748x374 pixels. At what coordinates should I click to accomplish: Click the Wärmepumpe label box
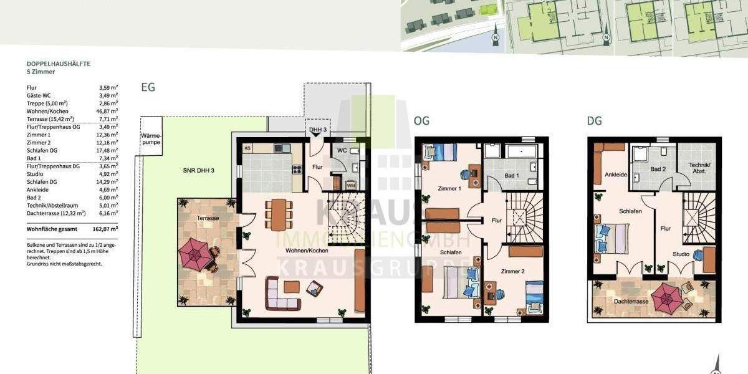[x=151, y=138]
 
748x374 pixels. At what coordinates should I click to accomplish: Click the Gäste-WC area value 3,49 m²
[x=108, y=95]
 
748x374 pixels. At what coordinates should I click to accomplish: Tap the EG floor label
[x=148, y=88]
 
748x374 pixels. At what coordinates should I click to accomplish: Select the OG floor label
[x=421, y=121]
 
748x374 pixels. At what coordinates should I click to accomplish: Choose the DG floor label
[x=595, y=121]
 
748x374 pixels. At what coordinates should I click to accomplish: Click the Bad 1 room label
[x=512, y=176]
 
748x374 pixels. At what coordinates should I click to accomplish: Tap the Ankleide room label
[x=616, y=175]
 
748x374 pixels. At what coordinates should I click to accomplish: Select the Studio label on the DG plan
[x=681, y=254]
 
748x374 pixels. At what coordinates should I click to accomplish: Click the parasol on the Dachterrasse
[x=666, y=294]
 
